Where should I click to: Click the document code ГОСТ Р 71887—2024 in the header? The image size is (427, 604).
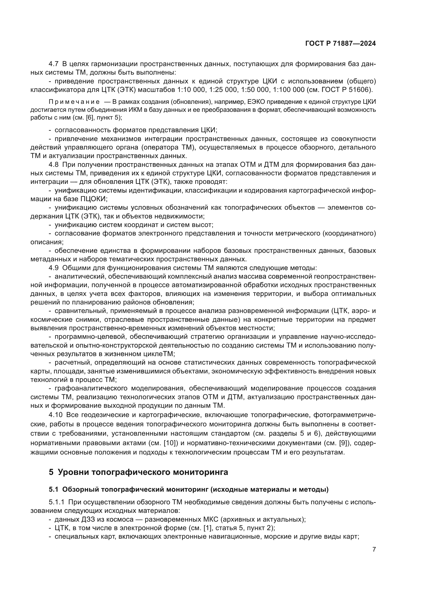coord(341,44)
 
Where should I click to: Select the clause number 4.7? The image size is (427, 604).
coord(54,64)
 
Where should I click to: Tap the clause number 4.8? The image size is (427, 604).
coord(54,165)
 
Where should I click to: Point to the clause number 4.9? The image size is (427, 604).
coord(54,268)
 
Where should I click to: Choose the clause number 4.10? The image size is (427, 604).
coord(56,415)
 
